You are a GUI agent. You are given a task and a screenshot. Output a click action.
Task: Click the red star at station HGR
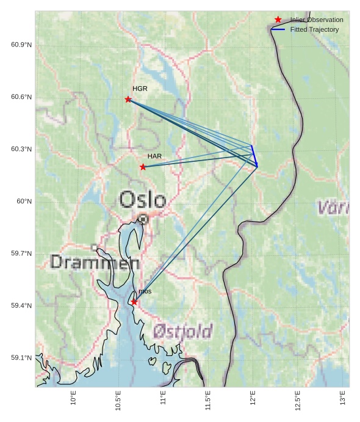(x=128, y=99)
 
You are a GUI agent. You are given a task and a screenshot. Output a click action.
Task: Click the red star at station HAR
(x=143, y=167)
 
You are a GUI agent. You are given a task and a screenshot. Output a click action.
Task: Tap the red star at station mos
(x=134, y=302)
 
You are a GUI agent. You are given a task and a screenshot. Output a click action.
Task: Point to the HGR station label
(x=140, y=89)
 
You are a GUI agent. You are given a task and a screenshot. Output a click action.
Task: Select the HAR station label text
(x=154, y=157)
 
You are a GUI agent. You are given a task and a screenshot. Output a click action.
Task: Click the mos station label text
(x=145, y=293)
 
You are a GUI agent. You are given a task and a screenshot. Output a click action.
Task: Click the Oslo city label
(x=142, y=200)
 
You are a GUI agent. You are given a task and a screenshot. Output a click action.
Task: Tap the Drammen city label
(x=95, y=263)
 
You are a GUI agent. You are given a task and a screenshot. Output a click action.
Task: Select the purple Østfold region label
(x=182, y=332)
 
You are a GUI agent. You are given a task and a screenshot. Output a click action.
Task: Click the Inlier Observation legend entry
(x=316, y=20)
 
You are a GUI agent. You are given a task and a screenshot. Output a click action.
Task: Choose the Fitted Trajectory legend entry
(x=314, y=29)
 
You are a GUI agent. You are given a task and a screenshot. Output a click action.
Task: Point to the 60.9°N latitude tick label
(x=21, y=45)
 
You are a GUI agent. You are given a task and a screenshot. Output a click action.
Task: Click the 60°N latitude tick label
(x=25, y=202)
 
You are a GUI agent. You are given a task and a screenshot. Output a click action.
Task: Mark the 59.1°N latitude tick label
(x=21, y=358)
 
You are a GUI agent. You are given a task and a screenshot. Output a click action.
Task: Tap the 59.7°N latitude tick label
(x=21, y=253)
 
